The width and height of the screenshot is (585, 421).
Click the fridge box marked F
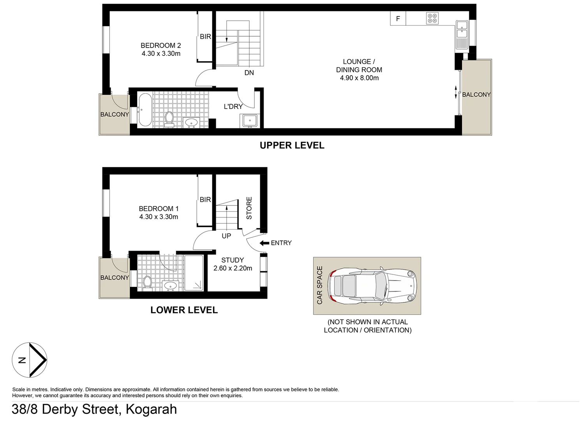[398, 19]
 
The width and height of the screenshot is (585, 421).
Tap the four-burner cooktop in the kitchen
[432, 18]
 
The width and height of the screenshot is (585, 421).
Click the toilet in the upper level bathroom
[169, 119]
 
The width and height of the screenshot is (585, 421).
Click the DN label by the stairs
[249, 73]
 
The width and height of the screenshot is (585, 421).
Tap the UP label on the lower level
[226, 236]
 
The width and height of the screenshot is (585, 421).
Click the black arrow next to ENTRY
[264, 243]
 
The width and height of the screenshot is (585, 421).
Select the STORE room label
[249, 208]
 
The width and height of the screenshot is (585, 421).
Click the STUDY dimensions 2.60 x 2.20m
[233, 268]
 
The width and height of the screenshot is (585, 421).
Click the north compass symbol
[30, 360]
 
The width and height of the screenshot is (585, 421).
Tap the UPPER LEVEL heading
[292, 145]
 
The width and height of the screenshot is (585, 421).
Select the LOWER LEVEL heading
[184, 310]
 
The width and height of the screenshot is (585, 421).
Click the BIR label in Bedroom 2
[205, 37]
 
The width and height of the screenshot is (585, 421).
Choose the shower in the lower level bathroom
[194, 273]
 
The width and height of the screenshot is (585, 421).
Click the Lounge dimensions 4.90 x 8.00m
[359, 78]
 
